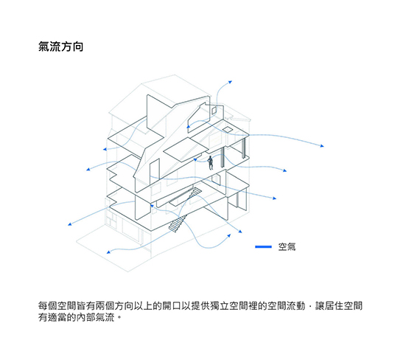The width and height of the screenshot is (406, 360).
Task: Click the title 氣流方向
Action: pyautogui.click(x=60, y=46)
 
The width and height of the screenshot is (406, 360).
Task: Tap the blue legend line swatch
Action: pyautogui.click(x=263, y=246)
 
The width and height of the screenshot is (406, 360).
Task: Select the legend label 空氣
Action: pyautogui.click(x=287, y=246)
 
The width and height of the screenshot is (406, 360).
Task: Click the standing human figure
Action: pyautogui.click(x=211, y=163)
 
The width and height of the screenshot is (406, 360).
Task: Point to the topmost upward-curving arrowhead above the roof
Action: pyautogui.click(x=230, y=82)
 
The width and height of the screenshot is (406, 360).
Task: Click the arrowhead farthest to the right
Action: pyautogui.click(x=322, y=146)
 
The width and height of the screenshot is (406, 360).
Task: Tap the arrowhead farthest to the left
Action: pyautogui.click(x=70, y=224)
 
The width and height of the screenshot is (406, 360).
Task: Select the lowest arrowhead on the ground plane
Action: pyautogui.click(x=108, y=252)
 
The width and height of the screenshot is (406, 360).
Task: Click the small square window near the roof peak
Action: pyautogui.click(x=214, y=111)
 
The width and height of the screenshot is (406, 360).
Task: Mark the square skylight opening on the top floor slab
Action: pyautogui.click(x=228, y=129)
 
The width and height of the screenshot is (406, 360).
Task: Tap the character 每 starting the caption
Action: pyautogui.click(x=43, y=306)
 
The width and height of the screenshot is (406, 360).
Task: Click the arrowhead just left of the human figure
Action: pyautogui.click(x=195, y=159)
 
